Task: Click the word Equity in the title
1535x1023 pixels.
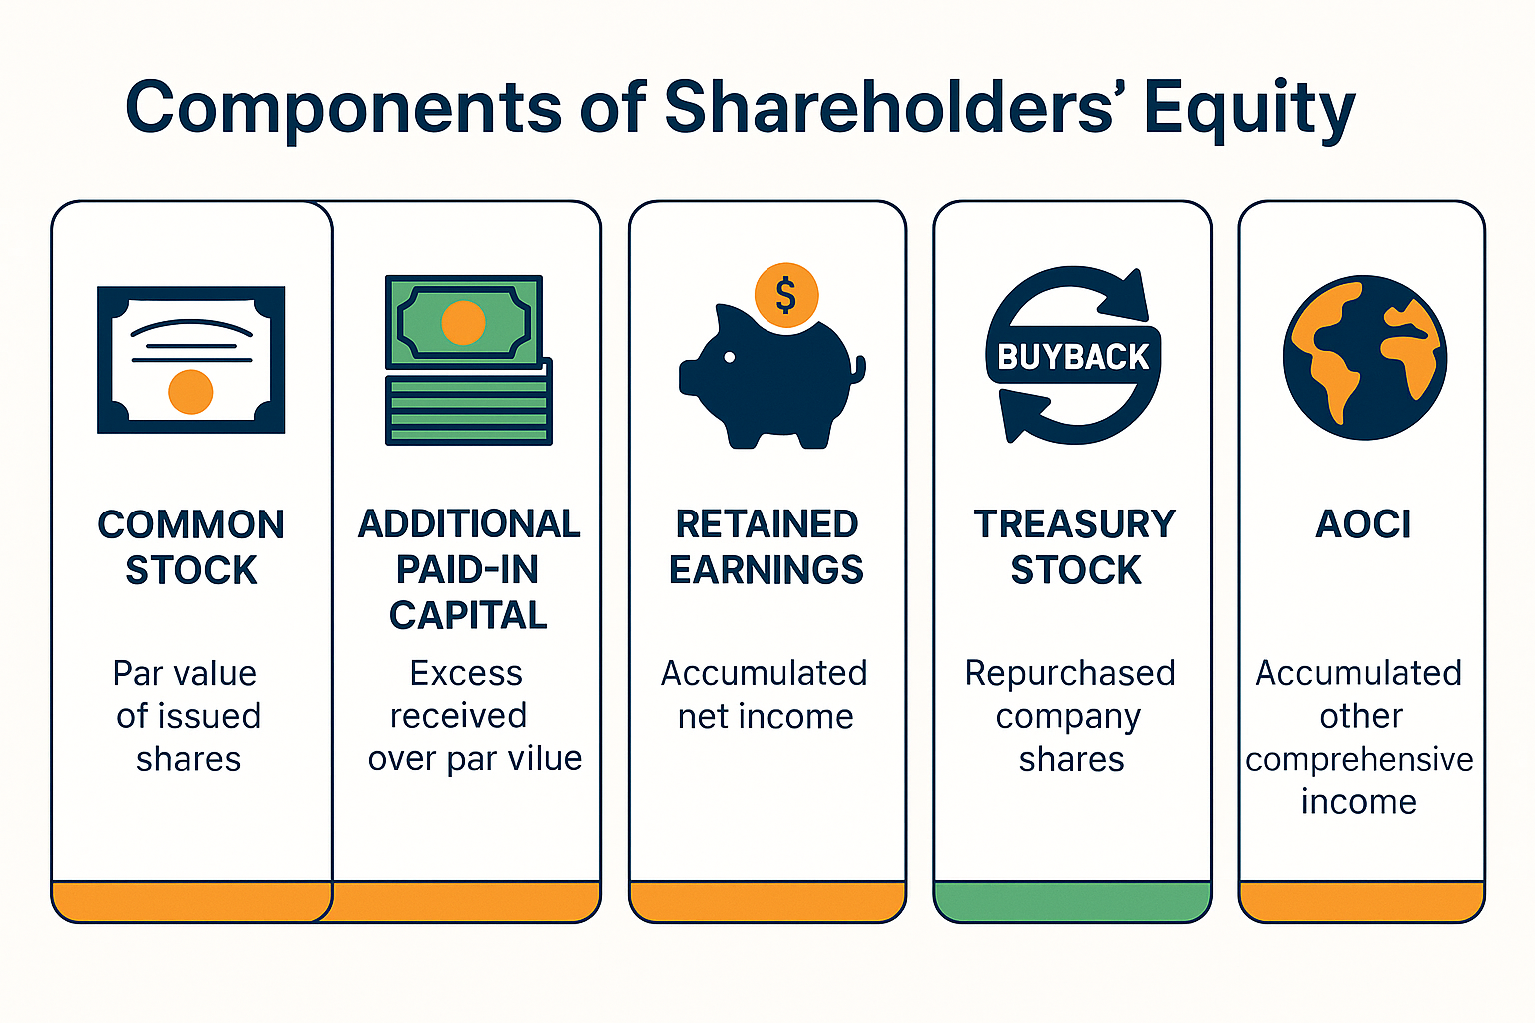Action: point(1249,108)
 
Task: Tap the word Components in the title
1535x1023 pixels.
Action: point(344,108)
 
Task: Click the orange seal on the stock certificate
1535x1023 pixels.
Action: point(191,391)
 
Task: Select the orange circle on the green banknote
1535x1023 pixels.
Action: point(463,323)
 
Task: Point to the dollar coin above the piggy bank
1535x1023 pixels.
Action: point(786,295)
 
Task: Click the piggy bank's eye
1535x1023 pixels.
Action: point(729,357)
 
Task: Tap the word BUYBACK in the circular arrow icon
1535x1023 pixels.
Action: point(1073,357)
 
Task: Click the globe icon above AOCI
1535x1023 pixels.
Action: point(1364,357)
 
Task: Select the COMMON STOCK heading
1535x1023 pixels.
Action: point(191,547)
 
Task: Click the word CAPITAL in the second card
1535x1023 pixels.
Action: point(468,615)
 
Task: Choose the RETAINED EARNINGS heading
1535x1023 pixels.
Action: point(767,547)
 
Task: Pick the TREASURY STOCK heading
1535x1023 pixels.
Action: point(1075,547)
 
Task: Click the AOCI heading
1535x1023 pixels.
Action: point(1363,524)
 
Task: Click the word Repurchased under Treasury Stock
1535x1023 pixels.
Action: point(1070,673)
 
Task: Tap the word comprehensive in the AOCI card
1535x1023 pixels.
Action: point(1359,759)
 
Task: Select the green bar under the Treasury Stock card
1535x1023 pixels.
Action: point(1072,901)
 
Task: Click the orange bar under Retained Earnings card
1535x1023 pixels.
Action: point(767,901)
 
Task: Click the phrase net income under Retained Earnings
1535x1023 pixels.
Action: point(766,716)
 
